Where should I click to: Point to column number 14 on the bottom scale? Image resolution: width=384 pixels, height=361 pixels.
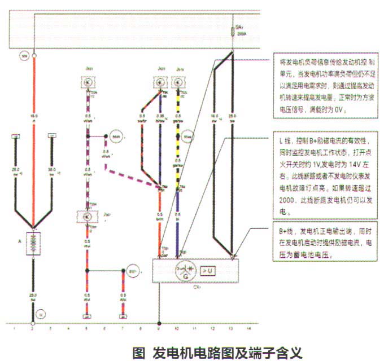click(x=249, y=327)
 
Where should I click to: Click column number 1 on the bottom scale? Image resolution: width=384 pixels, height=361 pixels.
click(x=14, y=327)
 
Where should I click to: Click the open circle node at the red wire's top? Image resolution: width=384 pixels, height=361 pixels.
click(x=34, y=56)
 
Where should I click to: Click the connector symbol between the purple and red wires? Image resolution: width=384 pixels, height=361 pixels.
click(x=88, y=216)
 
